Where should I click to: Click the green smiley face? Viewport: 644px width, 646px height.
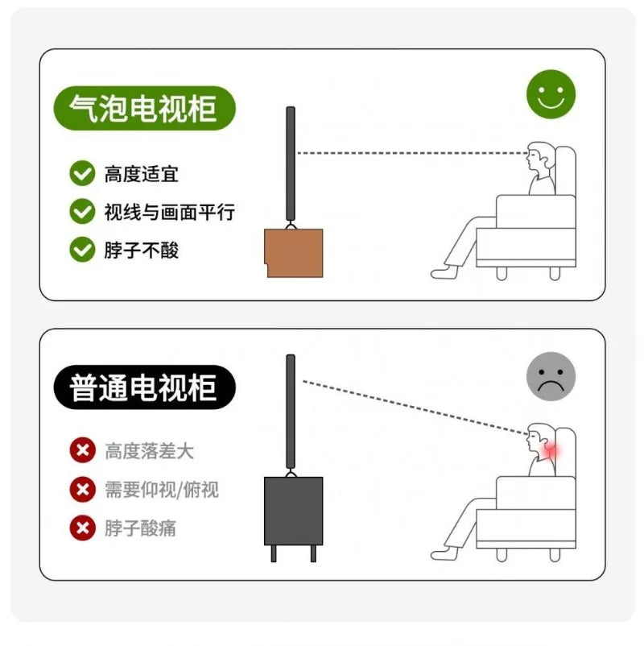[551, 94]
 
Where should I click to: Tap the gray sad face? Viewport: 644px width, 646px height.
[551, 376]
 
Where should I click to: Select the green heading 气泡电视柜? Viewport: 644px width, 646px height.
[145, 109]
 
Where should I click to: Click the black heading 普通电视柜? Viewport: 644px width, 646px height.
[145, 387]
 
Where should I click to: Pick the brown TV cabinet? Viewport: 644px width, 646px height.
[294, 253]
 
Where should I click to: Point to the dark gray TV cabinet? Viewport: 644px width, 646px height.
[294, 511]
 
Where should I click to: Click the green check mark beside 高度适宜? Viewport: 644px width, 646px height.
[82, 173]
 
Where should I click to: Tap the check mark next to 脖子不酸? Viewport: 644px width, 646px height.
[82, 250]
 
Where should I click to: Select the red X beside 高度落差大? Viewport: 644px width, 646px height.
[82, 450]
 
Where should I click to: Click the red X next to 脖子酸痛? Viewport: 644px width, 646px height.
[82, 528]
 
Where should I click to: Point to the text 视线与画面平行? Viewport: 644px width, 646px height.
[170, 212]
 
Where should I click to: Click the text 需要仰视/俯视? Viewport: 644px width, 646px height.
[162, 490]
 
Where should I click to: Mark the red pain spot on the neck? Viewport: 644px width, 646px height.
[551, 451]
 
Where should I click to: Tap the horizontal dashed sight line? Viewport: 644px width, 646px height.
[412, 153]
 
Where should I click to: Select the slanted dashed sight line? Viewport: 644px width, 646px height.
[415, 408]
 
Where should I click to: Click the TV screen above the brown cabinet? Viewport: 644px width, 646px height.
[291, 164]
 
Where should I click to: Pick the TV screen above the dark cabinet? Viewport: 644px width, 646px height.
[291, 412]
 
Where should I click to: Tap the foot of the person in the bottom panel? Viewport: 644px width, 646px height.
[444, 553]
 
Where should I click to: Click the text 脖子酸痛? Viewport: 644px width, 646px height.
[140, 528]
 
